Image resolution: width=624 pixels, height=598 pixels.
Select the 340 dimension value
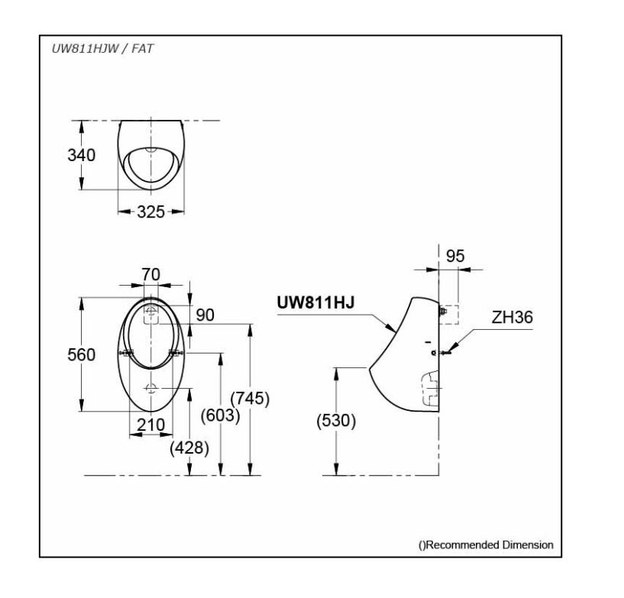click(80, 155)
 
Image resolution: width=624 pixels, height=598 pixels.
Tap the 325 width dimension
click(150, 212)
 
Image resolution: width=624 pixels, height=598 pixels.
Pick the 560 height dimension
click(80, 354)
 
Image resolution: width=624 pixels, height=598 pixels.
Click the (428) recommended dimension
click(189, 448)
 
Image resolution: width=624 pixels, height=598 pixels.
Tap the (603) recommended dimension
click(220, 417)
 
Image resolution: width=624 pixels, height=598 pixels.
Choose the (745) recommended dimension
click(250, 398)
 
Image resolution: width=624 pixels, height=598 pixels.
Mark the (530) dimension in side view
click(335, 422)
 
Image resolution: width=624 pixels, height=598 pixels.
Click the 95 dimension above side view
click(454, 257)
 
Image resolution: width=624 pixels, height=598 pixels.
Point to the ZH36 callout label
click(512, 317)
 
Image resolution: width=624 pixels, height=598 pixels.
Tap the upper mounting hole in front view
click(151, 311)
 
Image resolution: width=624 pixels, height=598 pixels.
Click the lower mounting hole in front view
click(151, 388)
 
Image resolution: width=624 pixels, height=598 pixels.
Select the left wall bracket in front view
click(127, 353)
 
